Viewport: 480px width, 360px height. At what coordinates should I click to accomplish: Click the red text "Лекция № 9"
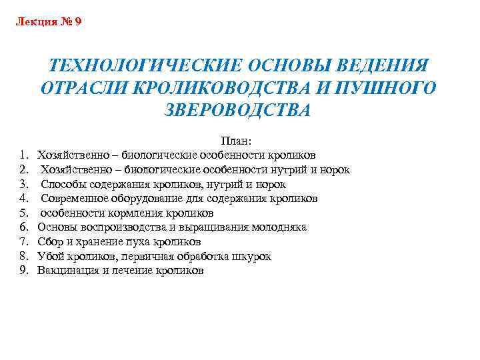click(48, 22)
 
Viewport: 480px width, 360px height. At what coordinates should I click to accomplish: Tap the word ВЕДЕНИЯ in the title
click(378, 66)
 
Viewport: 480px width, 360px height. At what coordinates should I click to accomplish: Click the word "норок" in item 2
click(335, 169)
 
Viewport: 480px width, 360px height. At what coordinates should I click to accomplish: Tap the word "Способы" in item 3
click(63, 184)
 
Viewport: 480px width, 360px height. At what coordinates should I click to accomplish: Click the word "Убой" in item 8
click(49, 256)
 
